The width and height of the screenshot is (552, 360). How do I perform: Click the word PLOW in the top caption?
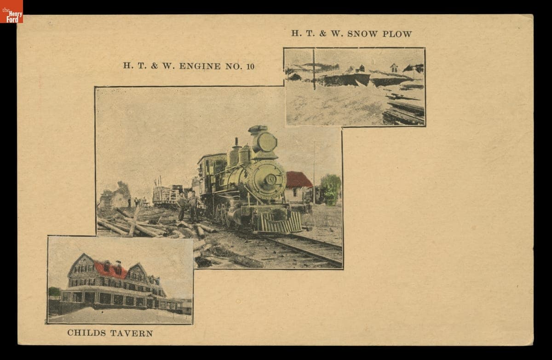click(x=397, y=34)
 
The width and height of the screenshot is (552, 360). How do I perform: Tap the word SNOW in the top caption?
click(x=363, y=34)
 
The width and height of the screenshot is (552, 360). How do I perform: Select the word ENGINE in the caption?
click(x=200, y=66)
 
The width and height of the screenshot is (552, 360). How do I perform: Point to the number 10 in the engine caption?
click(x=250, y=66)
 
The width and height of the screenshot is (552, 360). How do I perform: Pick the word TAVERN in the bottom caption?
click(x=131, y=333)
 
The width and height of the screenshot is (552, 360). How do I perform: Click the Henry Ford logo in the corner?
click(x=11, y=11)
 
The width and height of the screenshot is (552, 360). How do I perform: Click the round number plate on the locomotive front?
click(x=270, y=179)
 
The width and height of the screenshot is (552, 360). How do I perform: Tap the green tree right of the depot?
click(x=330, y=189)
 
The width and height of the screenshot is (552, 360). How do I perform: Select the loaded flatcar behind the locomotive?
click(x=167, y=195)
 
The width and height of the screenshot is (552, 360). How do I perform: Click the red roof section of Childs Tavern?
click(x=110, y=270)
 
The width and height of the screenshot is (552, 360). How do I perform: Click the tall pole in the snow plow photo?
click(x=314, y=69)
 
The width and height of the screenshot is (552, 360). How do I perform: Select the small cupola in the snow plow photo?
click(x=394, y=68)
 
